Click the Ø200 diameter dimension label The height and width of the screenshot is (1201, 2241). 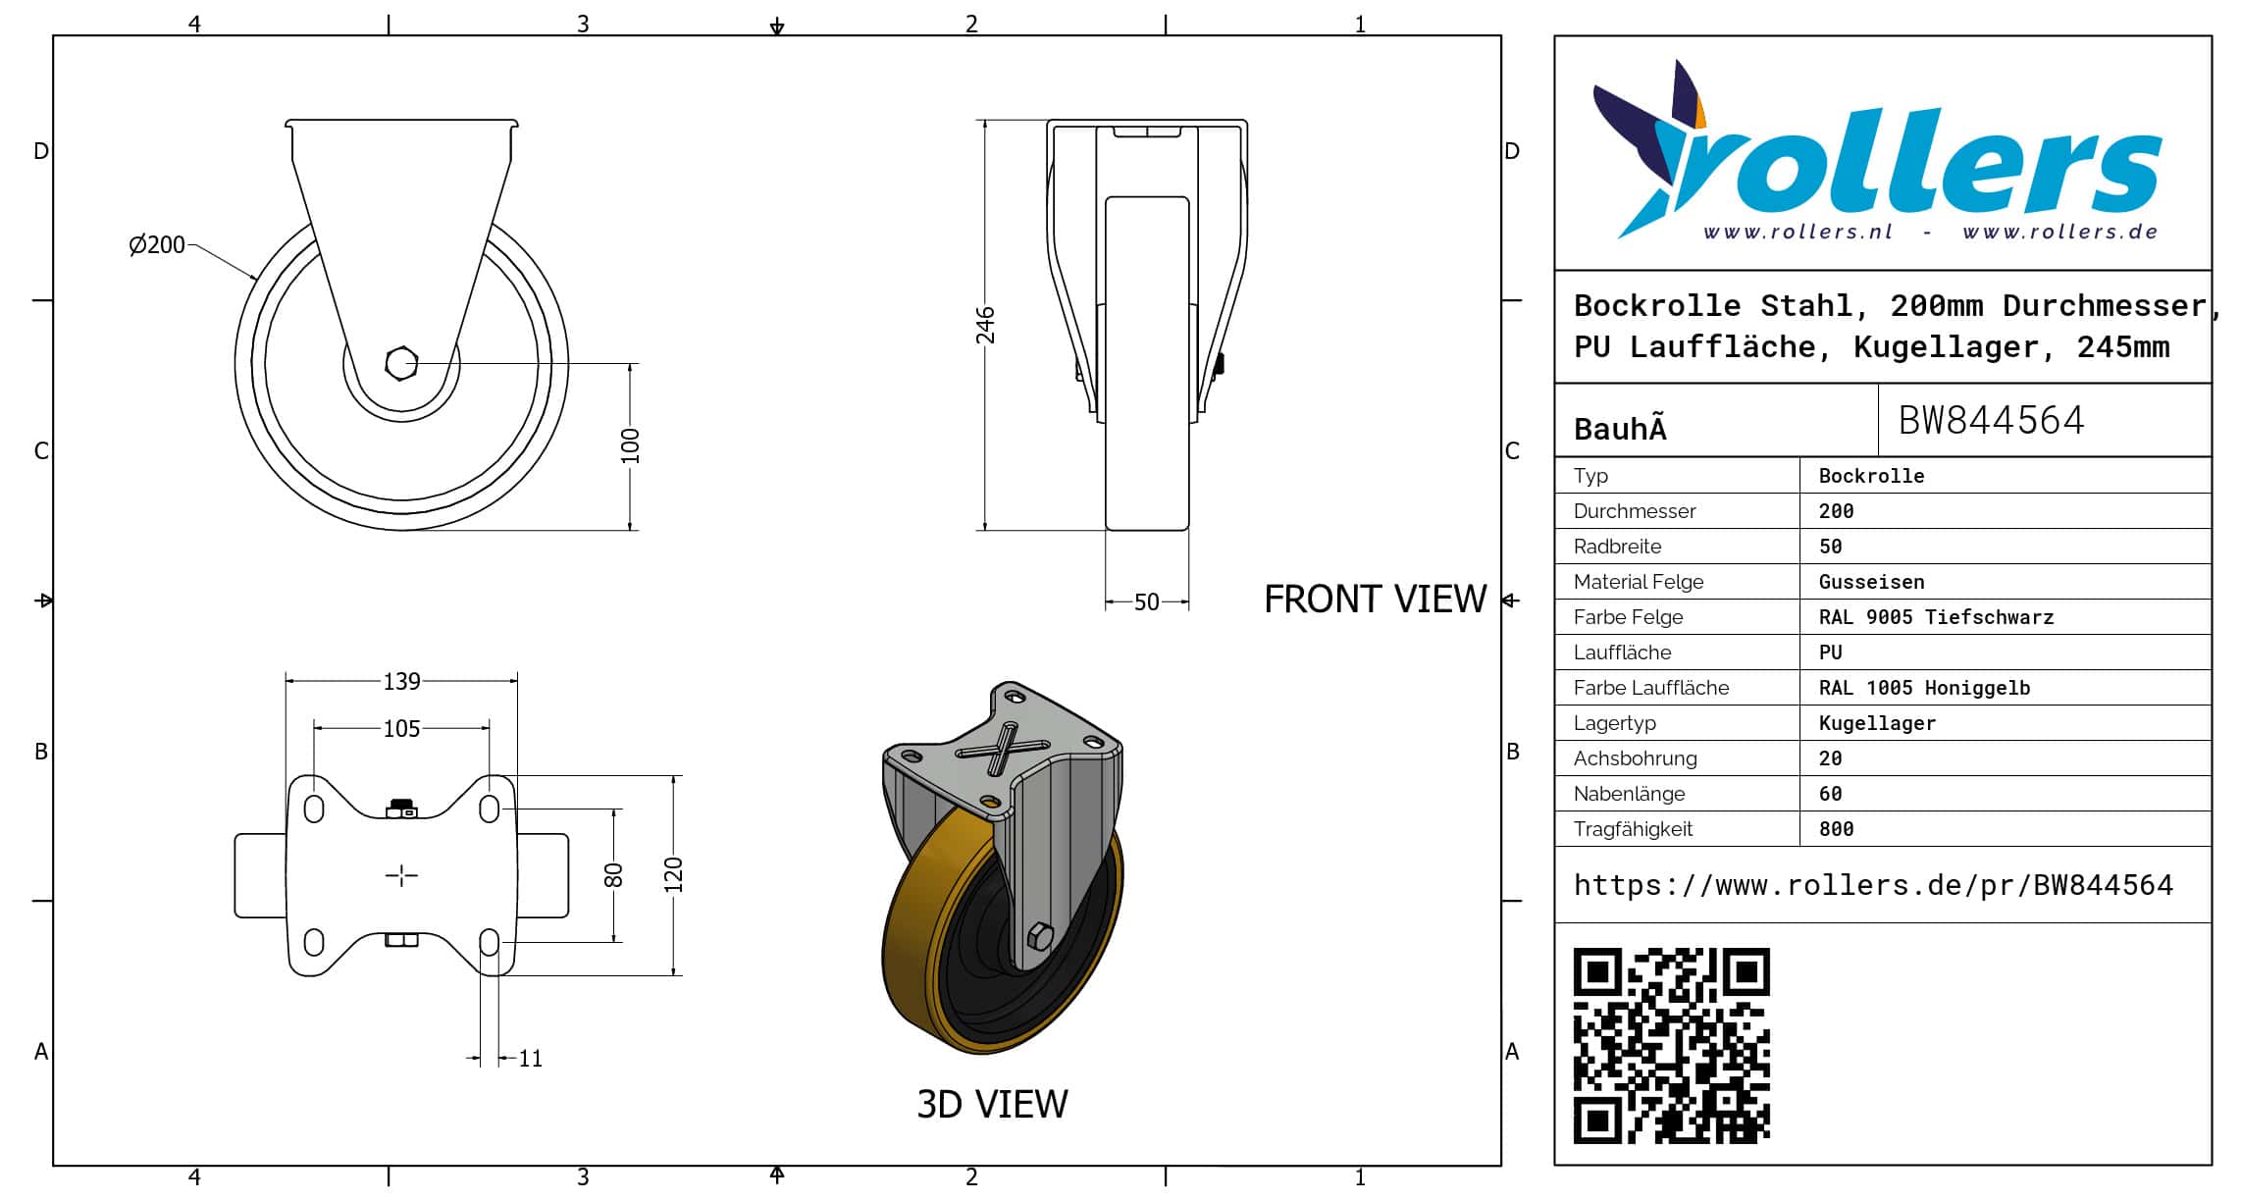click(157, 244)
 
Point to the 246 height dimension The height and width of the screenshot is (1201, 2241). click(985, 326)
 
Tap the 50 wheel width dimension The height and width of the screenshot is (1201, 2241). click(1147, 602)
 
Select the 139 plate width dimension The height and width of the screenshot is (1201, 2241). click(401, 681)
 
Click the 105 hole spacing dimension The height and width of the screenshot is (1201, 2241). click(401, 729)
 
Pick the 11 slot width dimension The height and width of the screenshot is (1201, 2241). click(530, 1059)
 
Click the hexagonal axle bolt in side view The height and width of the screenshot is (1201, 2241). click(401, 364)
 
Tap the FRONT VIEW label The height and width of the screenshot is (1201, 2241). click(1375, 600)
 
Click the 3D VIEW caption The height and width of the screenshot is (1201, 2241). click(992, 1105)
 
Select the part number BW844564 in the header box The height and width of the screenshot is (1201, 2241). click(1991, 421)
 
